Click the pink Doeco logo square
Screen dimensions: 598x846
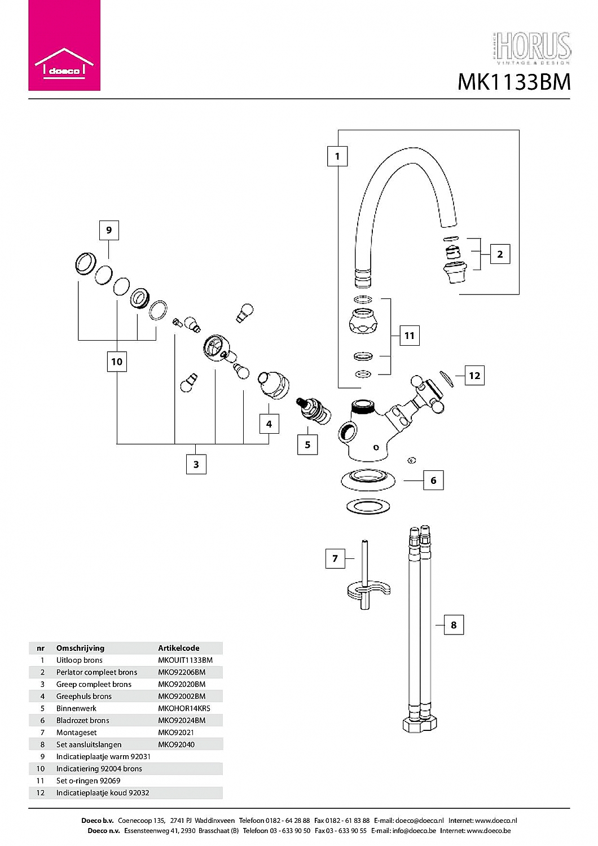64,45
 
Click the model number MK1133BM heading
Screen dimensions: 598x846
514,82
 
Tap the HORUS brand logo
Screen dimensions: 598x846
531,49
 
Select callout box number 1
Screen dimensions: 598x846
337,156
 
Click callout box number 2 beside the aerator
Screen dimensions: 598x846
500,254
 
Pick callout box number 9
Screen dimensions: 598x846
109,230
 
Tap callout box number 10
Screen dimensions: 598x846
117,362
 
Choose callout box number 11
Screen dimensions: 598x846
410,336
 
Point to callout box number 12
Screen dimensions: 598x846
474,376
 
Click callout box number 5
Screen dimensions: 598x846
307,444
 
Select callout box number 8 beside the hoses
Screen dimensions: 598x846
454,625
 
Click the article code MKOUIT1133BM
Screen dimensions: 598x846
185,660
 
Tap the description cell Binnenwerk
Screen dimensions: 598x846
76,708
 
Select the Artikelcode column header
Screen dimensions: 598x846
179,648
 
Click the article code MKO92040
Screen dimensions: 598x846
177,745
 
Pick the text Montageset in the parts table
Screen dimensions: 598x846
76,733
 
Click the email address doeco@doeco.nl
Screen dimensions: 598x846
420,821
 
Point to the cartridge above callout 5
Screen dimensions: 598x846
313,411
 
